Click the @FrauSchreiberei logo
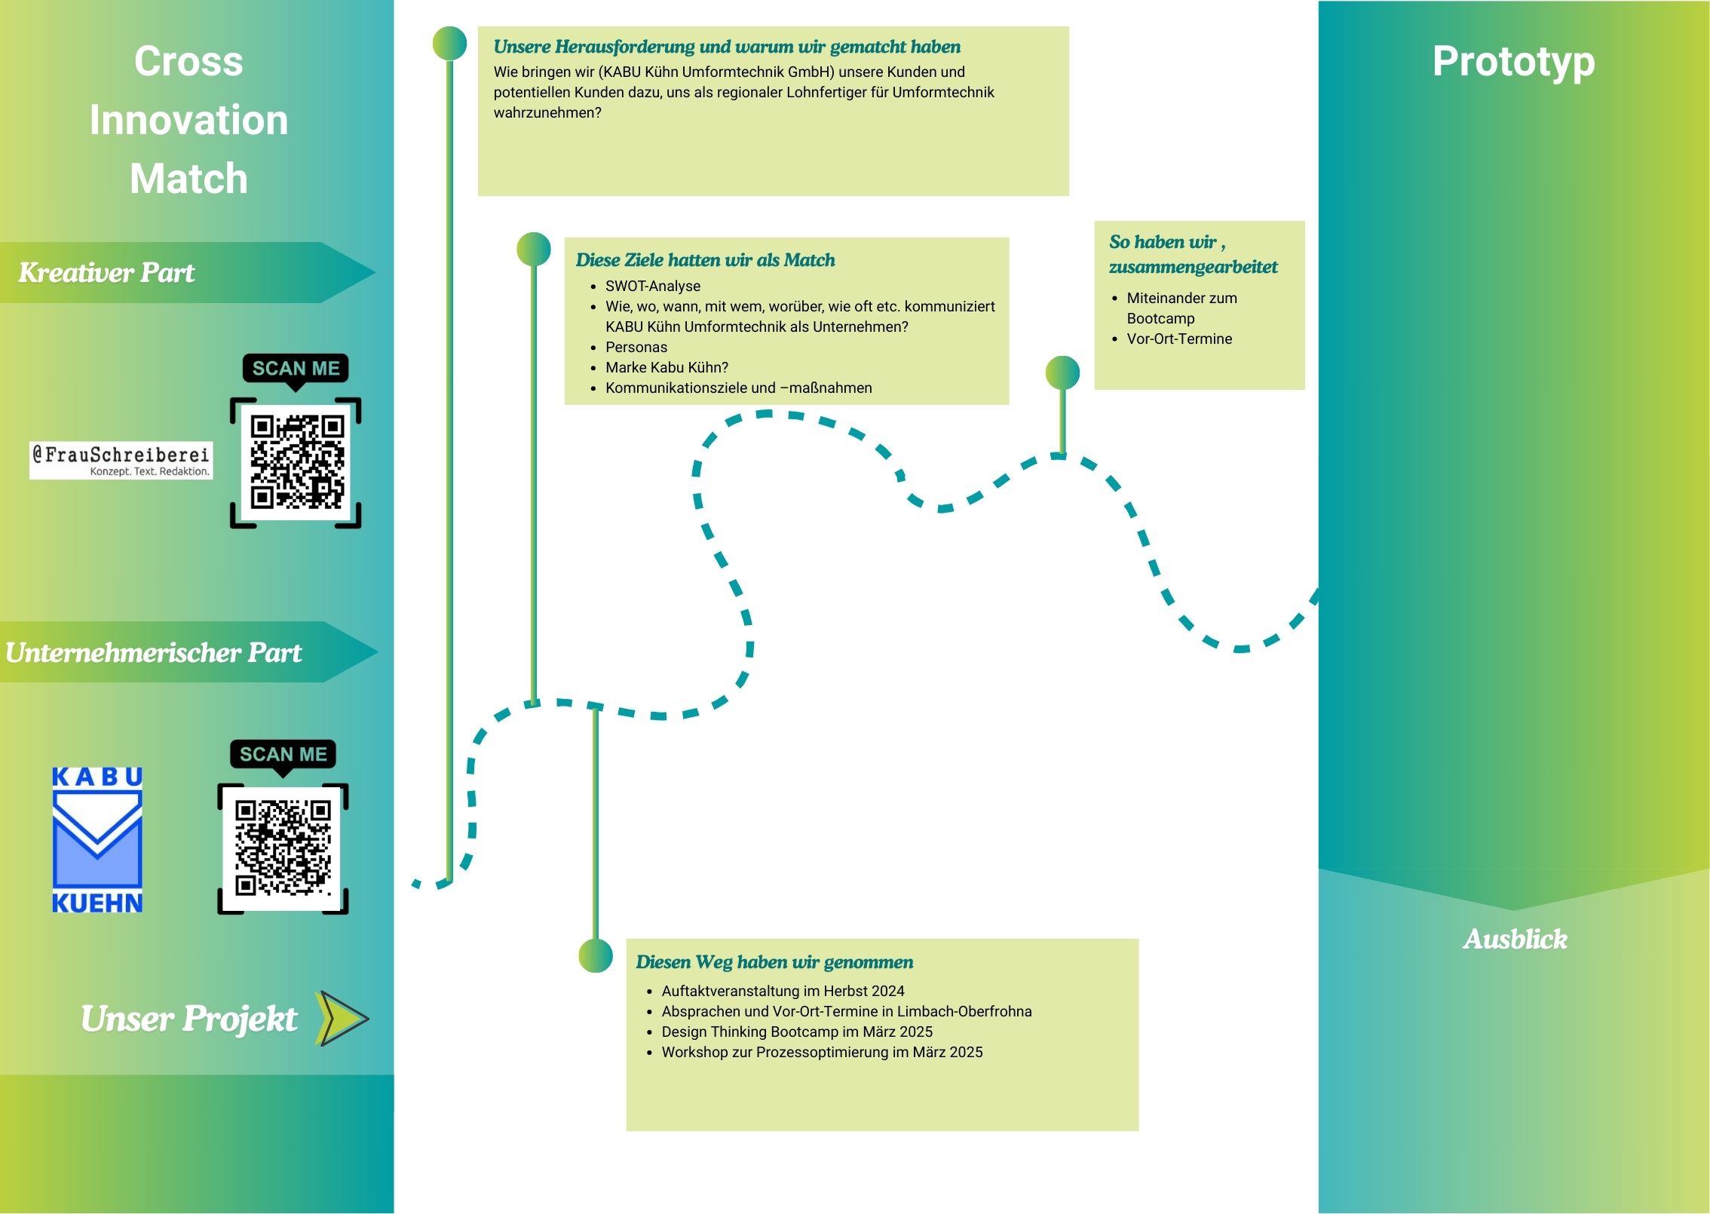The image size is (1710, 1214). (121, 460)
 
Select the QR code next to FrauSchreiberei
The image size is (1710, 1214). (296, 461)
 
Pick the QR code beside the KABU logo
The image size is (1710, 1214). (283, 848)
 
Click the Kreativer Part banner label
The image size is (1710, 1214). (106, 272)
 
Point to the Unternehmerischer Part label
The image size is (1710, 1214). (153, 652)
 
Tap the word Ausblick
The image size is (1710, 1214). (1515, 939)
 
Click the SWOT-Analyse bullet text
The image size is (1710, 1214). (653, 286)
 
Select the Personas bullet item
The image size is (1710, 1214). (636, 347)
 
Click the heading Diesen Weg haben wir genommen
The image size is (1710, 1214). (774, 962)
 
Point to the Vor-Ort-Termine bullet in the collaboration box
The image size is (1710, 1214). (1179, 339)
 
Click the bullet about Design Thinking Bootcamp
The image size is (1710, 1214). (797, 1032)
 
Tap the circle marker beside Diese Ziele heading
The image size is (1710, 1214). (534, 249)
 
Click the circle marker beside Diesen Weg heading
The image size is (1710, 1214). (596, 955)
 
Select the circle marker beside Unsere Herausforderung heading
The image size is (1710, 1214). (449, 44)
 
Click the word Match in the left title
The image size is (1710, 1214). (188, 179)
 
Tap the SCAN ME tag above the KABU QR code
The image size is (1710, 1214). (283, 754)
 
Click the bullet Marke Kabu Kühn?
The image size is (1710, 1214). (667, 367)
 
